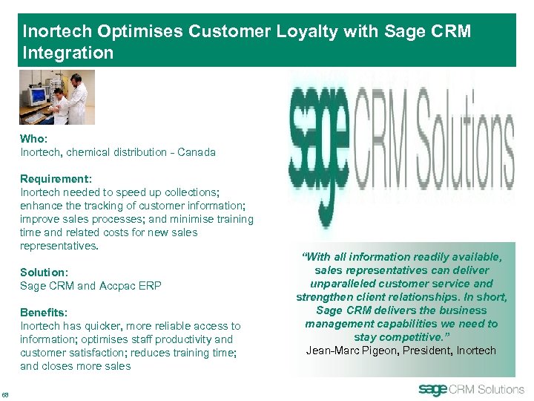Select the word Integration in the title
(x=68, y=53)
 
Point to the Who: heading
(x=33, y=139)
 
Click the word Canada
(x=195, y=152)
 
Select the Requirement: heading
(x=56, y=179)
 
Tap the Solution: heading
(x=44, y=273)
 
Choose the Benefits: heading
(x=44, y=313)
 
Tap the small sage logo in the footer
(x=434, y=389)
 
